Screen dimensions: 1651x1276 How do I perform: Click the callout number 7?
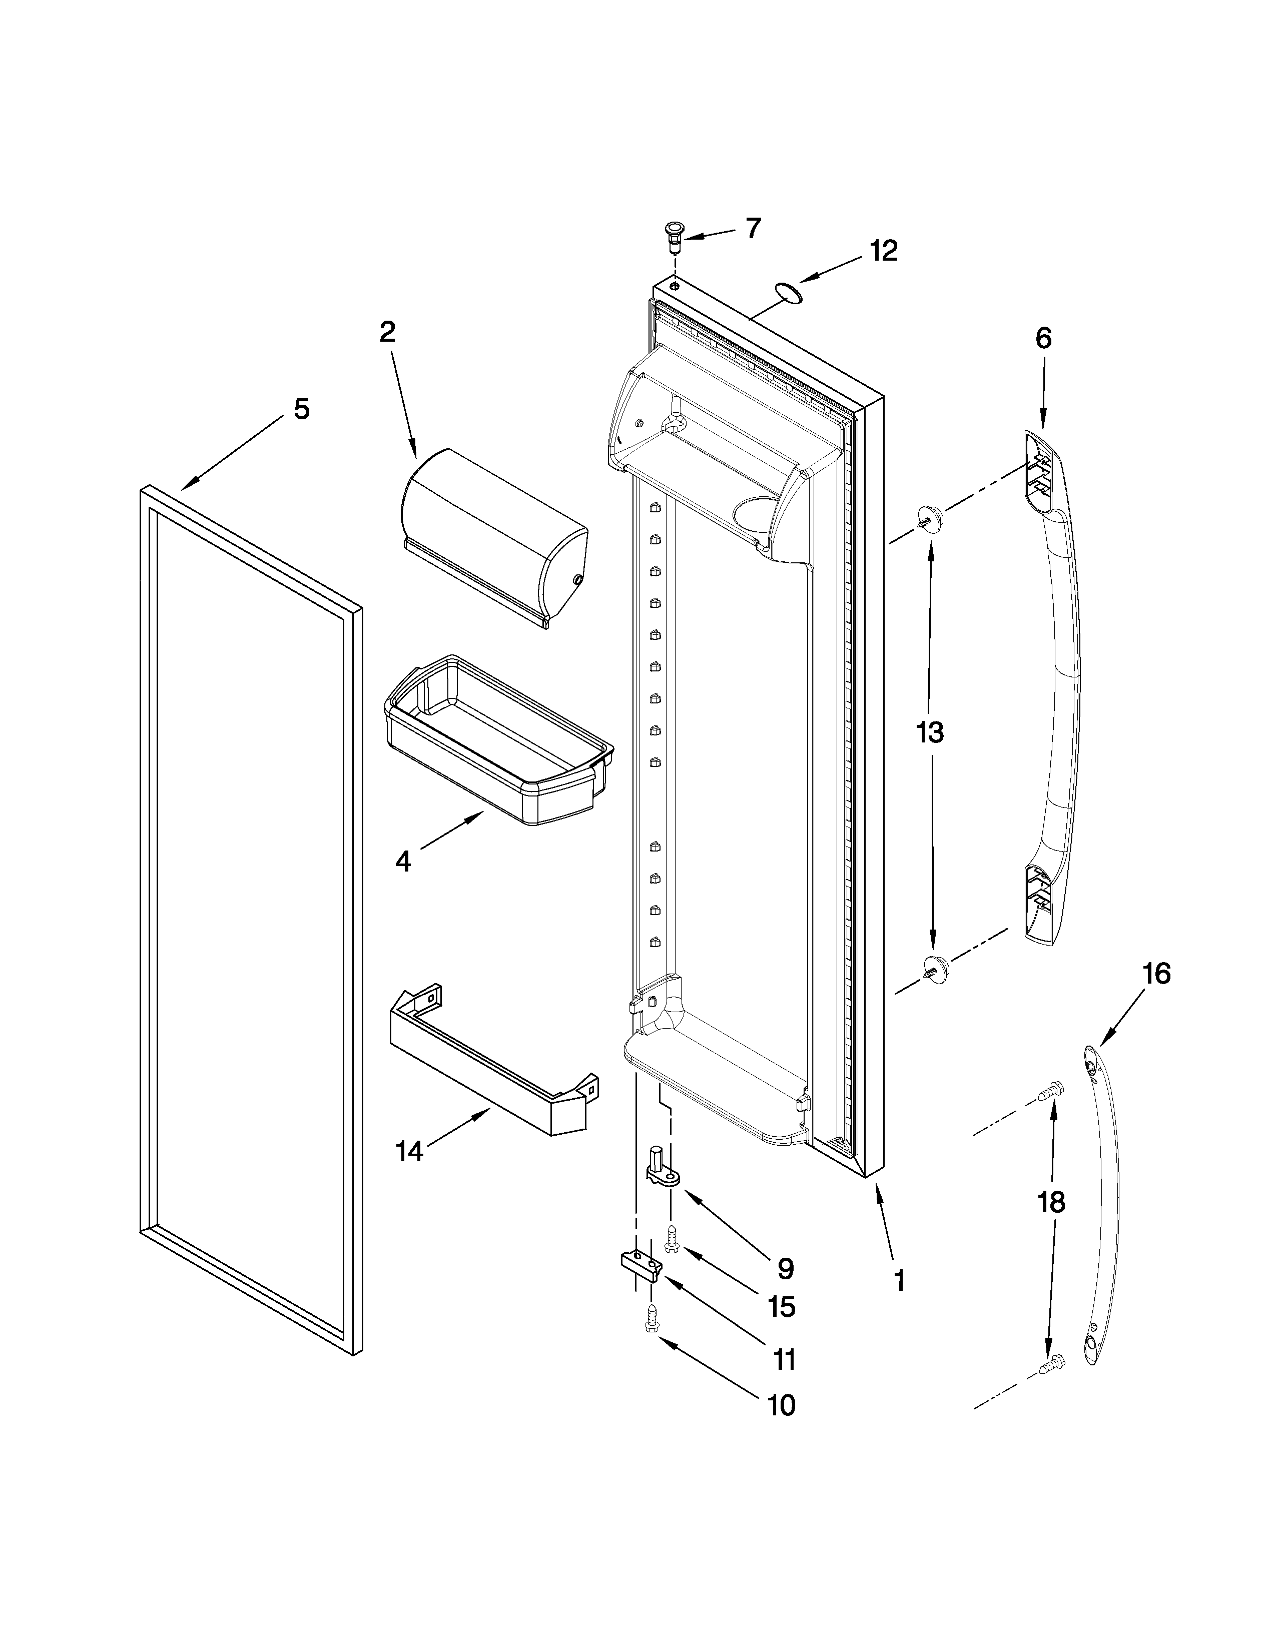click(753, 228)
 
